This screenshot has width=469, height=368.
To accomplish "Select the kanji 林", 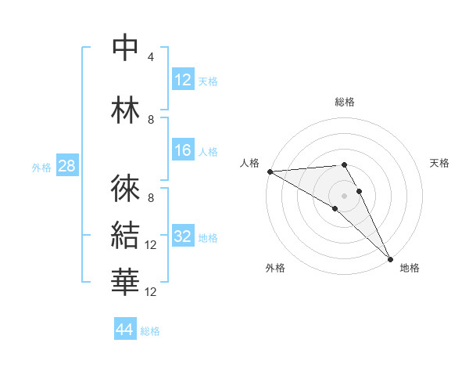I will coord(125,110).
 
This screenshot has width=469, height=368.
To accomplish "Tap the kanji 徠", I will coord(125,188).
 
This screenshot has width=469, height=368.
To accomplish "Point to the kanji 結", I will coord(125,235).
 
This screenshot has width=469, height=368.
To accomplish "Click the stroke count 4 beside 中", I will coord(151,57).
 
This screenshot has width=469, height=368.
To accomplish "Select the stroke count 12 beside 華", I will coord(152,292).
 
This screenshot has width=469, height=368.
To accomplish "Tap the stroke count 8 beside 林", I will coord(151,120).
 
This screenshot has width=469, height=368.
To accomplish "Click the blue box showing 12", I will coord(183,81).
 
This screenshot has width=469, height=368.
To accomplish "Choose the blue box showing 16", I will coord(183,151).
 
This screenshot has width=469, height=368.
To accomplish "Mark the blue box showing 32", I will coord(183,237).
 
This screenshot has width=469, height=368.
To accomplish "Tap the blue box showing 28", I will coord(66,167).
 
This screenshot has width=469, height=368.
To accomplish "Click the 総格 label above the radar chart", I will coord(345,102).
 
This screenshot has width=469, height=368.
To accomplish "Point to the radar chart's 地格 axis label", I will coord(410,268).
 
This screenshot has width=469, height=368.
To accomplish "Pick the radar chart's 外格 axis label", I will coord(275,268).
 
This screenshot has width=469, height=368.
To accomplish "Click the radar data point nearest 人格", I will coord(270,171).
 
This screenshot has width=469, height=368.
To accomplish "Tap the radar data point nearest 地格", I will coord(390,259).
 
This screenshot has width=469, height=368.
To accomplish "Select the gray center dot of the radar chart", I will coord(344,195).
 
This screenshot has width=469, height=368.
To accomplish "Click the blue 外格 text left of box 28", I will coord(41,168).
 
